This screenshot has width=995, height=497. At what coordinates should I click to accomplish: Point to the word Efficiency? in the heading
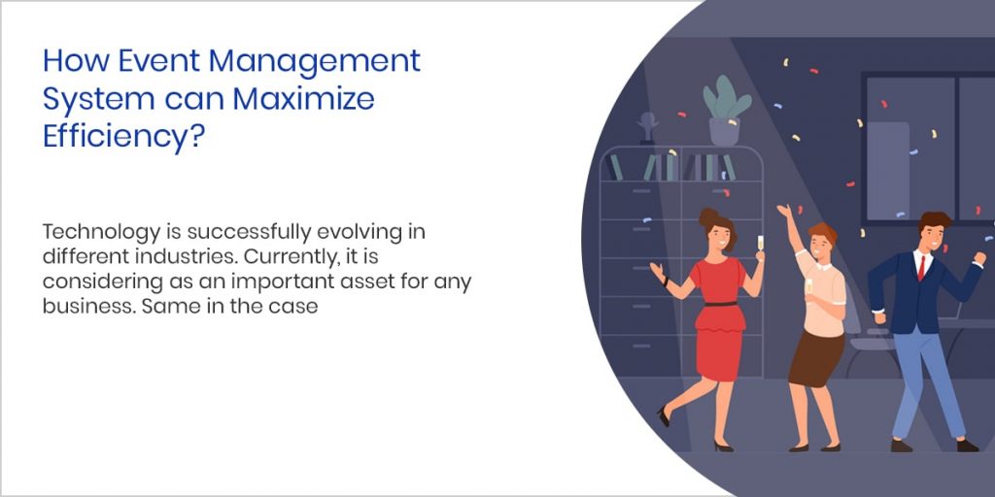(122, 137)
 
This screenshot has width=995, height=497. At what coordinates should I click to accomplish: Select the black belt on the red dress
(720, 303)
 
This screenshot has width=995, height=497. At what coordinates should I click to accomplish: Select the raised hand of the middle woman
(782, 211)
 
